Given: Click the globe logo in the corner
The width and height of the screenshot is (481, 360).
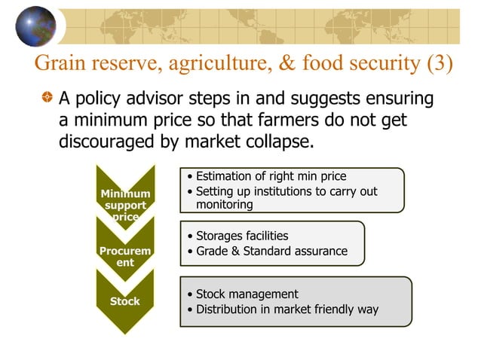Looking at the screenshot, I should tap(35, 26).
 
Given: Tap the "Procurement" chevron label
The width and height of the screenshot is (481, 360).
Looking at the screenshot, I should tap(125, 256).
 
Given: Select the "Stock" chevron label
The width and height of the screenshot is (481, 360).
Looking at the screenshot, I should tap(125, 301).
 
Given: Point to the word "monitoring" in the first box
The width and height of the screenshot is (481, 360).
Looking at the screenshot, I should tap(225, 204).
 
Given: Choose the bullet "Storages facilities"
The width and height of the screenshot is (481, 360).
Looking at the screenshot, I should tap(241, 236).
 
